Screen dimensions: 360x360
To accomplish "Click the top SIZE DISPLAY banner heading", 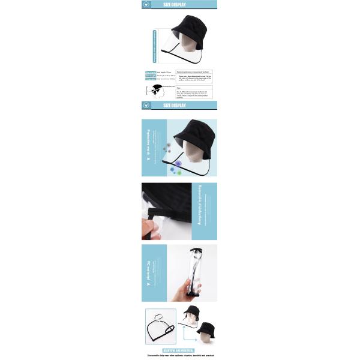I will point(175,5).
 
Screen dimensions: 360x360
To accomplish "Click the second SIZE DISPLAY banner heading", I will point(175,106).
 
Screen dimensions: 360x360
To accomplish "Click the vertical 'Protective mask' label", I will point(148,147).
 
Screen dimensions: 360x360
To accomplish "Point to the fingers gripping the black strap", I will point(146,224).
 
